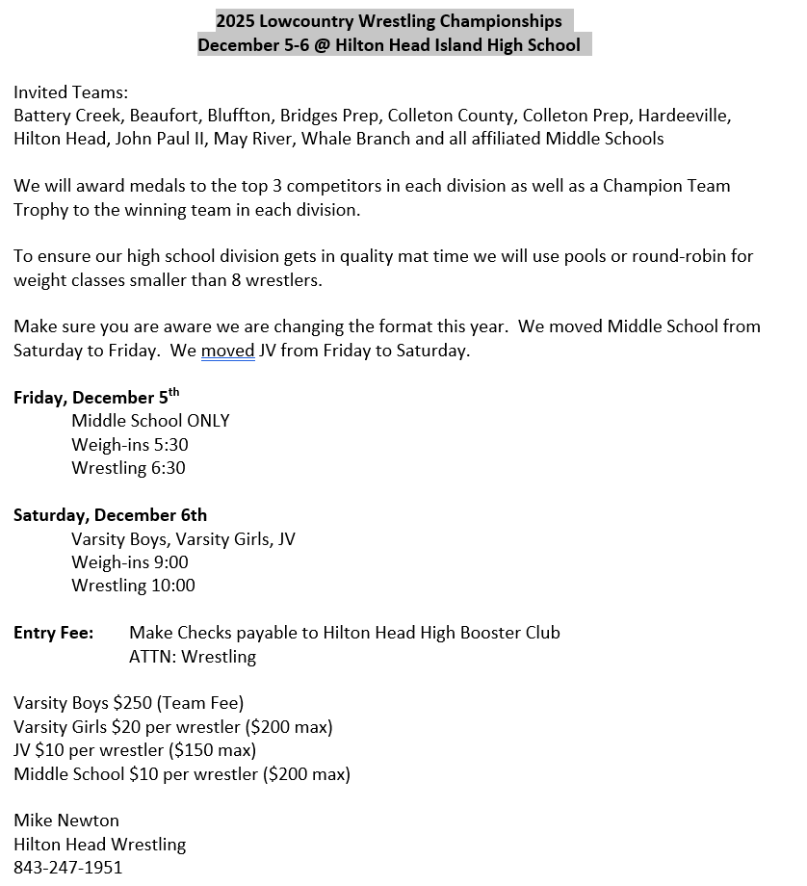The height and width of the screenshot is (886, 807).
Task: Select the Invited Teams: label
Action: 70,92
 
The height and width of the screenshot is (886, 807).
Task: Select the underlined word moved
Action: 228,351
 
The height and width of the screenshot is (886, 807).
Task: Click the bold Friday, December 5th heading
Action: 96,398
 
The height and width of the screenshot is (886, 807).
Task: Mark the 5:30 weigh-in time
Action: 171,445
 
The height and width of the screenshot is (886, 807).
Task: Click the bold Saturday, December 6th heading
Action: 110,515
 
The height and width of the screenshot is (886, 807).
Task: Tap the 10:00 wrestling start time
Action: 173,586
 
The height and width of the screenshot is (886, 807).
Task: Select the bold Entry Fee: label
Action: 54,633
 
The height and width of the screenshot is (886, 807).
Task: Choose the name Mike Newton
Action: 66,821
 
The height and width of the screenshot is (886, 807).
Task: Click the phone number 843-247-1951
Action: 68,868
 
